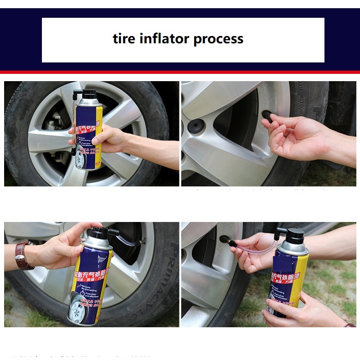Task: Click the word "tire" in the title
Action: (124, 39)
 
